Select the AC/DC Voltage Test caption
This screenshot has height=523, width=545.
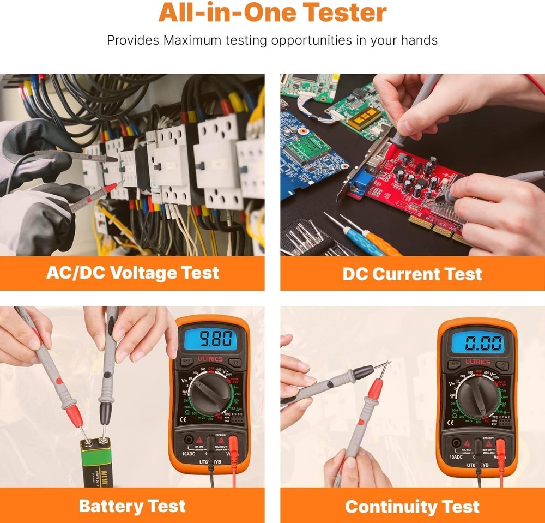tap(132, 273)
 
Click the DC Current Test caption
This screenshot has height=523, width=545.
tap(412, 274)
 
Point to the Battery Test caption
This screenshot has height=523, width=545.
tap(132, 506)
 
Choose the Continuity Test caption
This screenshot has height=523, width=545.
tap(412, 507)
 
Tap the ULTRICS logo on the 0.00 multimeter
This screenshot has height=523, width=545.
tap(477, 362)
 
